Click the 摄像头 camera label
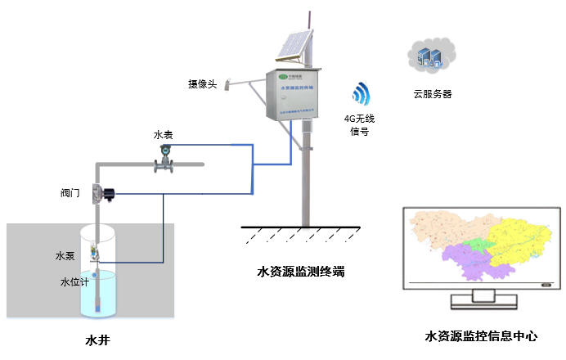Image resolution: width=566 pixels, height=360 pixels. click(202, 83)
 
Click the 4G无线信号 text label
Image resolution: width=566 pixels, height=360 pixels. click(360, 124)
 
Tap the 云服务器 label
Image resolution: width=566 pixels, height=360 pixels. click(433, 94)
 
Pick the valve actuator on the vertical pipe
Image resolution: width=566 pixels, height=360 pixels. click(104, 194)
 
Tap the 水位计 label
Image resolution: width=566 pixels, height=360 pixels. click(72, 282)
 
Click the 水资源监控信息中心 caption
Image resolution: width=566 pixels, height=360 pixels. click(481, 335)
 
